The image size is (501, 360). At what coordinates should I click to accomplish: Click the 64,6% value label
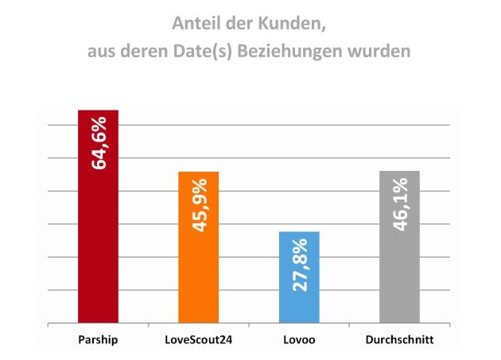pos(99,143)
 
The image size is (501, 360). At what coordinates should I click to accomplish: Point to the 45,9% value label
pos(199,205)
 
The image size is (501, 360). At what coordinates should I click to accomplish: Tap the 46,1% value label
pos(400,204)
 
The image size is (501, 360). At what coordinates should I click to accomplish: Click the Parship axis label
pos(98,341)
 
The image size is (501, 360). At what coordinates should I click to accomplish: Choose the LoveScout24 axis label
pos(198,341)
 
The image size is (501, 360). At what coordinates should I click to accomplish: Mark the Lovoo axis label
pos(299,341)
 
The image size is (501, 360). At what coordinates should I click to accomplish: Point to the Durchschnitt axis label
pos(400,341)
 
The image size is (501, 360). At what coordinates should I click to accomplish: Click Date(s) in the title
pos(194,53)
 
